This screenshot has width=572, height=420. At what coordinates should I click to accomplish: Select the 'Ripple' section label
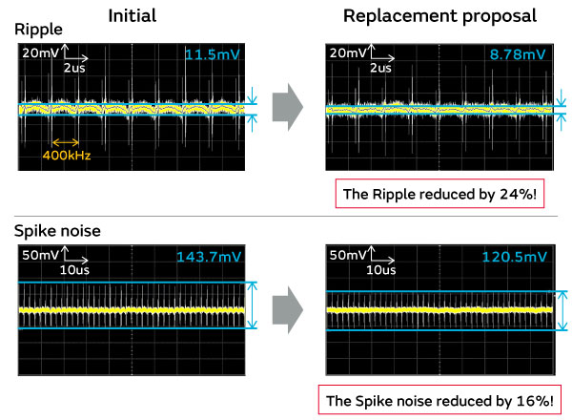coord(37,31)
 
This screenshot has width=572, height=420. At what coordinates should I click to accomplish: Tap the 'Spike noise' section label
coord(56,232)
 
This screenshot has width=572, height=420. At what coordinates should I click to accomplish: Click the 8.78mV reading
coord(518,56)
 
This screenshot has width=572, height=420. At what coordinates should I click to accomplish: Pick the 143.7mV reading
coord(207,257)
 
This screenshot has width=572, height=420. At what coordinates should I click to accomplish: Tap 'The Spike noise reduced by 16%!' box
coord(439,398)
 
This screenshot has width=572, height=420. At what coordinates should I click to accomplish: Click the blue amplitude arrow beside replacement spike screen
coord(562,310)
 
